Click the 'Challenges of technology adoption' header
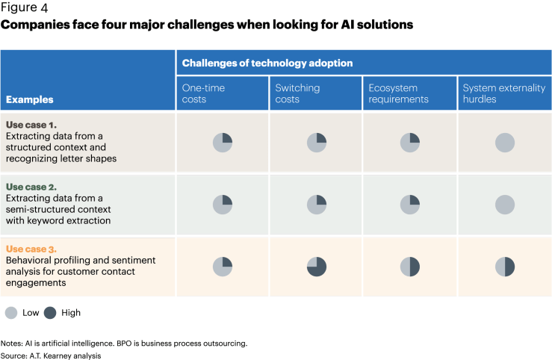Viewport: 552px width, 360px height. (x=267, y=63)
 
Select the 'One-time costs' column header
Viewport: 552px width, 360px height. (x=204, y=93)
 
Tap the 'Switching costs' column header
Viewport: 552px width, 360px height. (x=297, y=93)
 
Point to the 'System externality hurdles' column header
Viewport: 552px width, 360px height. (x=504, y=93)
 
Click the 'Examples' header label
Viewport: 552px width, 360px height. (x=29, y=99)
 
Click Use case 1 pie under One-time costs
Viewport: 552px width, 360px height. (x=223, y=142)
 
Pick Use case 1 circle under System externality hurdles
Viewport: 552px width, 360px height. (x=505, y=142)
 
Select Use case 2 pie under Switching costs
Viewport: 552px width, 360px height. (x=317, y=204)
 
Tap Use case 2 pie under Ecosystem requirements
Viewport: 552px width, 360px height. (x=410, y=204)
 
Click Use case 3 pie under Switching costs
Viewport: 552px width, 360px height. (x=317, y=267)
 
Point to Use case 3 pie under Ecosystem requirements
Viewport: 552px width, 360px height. (x=410, y=267)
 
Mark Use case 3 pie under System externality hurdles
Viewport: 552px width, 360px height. (x=505, y=267)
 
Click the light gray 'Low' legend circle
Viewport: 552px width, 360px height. (x=11, y=313)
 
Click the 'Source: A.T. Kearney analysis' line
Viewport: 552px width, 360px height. (x=50, y=356)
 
